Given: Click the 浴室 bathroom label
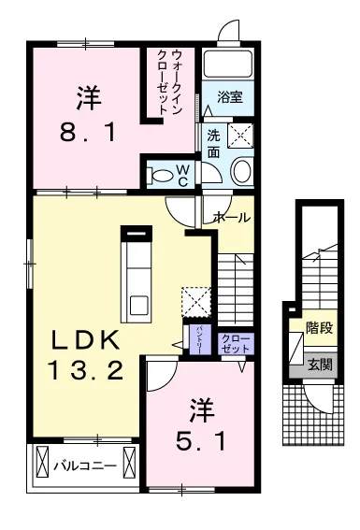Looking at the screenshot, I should point(230,96).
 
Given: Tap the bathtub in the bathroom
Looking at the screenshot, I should point(229,66).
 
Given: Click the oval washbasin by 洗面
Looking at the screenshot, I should point(241,171).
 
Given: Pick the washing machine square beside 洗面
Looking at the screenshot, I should point(238,136).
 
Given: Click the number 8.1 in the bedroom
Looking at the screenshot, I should point(90,132).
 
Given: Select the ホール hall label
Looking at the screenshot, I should point(231,217).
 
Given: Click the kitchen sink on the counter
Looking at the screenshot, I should point(138,305).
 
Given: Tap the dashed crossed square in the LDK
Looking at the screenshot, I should point(196,302).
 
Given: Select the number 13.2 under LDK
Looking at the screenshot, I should point(87,372).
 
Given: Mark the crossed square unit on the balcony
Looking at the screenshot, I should point(43,464).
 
